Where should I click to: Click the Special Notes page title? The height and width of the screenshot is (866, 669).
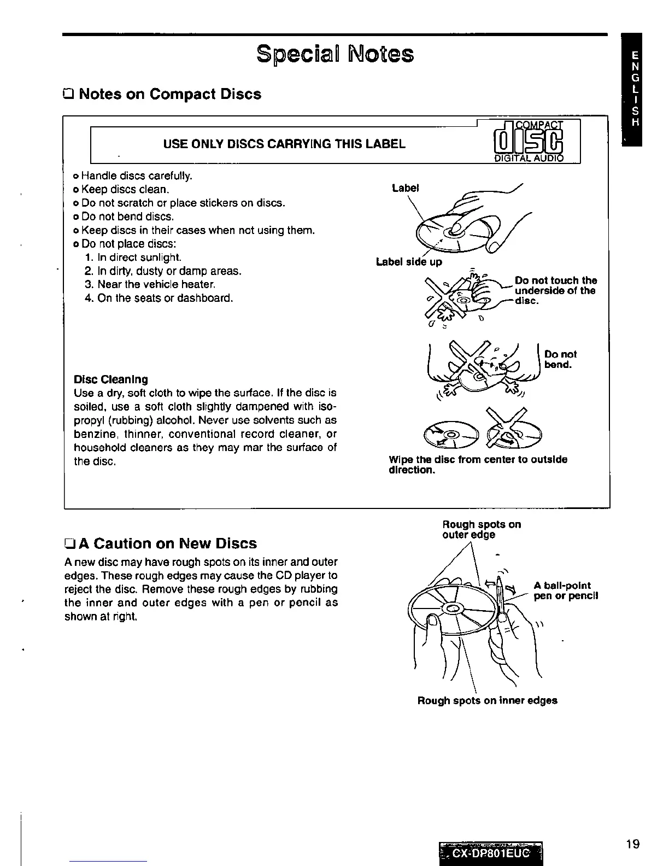[335, 54]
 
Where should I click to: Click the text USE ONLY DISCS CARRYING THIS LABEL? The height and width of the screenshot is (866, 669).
[284, 144]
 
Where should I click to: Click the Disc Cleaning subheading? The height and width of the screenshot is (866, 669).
[111, 379]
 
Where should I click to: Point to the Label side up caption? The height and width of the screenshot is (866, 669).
[409, 262]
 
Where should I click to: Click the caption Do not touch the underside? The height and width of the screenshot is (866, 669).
[555, 291]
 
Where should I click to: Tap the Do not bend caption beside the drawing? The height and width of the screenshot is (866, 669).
[560, 359]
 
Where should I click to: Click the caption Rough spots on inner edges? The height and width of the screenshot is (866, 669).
[487, 700]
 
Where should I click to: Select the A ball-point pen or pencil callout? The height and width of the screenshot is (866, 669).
[566, 590]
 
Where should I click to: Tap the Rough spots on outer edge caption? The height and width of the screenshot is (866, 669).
[481, 529]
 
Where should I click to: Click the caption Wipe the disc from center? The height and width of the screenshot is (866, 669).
[478, 465]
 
